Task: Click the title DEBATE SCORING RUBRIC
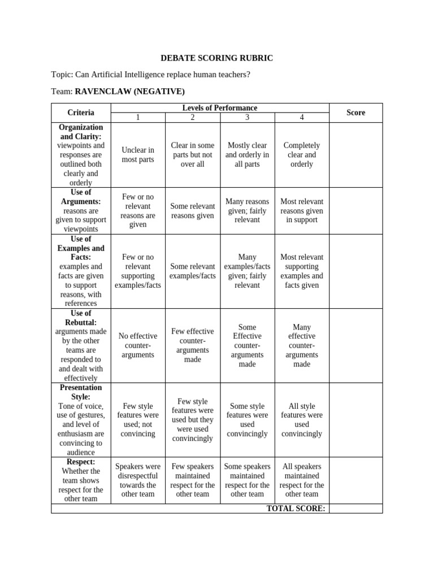[x=217, y=58]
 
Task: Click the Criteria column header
[x=81, y=113]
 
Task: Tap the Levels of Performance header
[x=219, y=108]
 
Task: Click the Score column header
[x=355, y=113]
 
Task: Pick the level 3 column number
[x=247, y=118]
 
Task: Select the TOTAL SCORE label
[x=296, y=508]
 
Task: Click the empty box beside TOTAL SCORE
[x=355, y=508]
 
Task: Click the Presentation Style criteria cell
[x=81, y=420]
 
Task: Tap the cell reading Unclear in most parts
[x=138, y=155]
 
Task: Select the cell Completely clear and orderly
[x=302, y=155]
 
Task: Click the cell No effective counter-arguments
[x=138, y=345]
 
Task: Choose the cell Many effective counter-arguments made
[x=302, y=345]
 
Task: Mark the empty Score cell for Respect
[x=355, y=480]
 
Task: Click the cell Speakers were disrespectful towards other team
[x=138, y=480]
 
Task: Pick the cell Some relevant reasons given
[x=192, y=210]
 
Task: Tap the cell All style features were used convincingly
[x=302, y=420]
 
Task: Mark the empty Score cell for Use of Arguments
[x=355, y=210]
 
